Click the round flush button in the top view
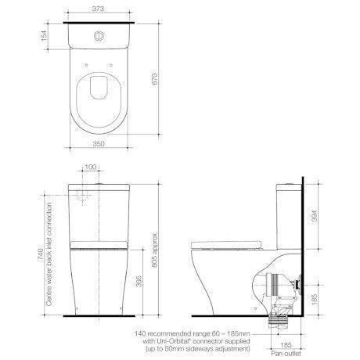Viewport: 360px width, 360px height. [x=98, y=35]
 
